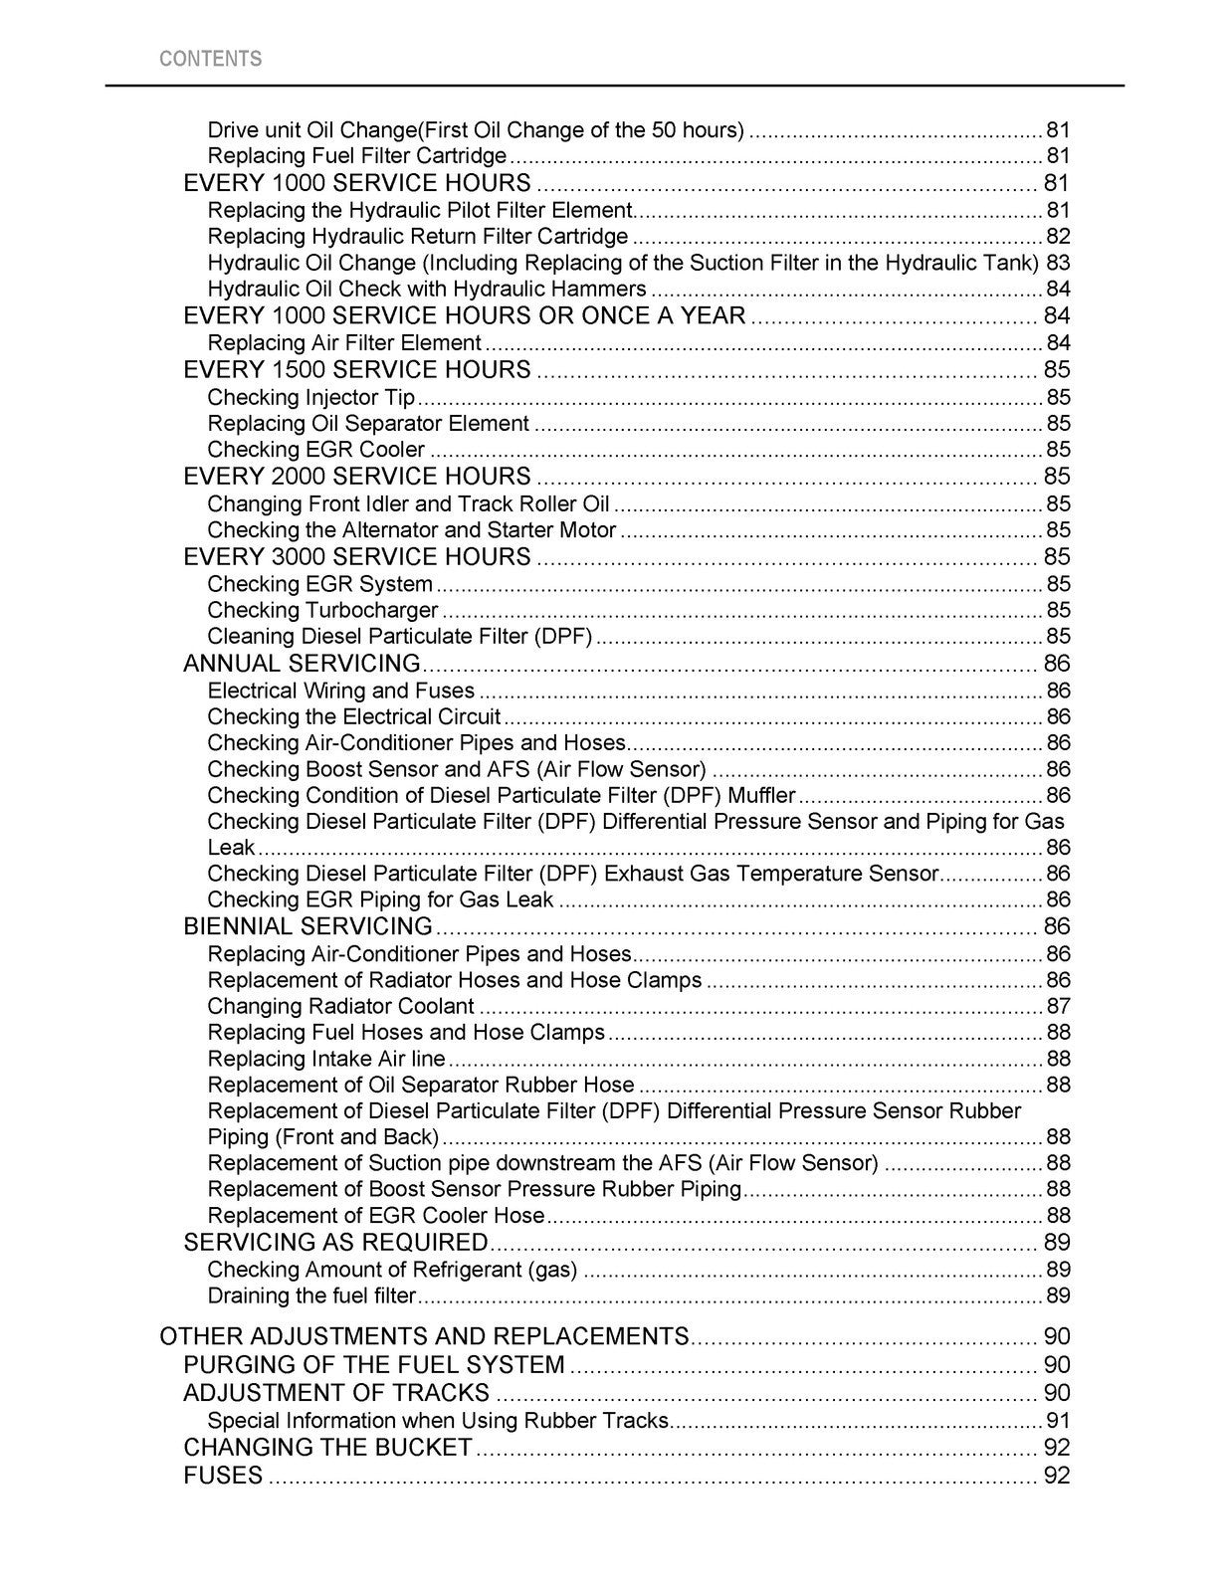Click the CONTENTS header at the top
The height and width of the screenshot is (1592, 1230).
(210, 59)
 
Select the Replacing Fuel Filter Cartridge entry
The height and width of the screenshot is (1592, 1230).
(356, 156)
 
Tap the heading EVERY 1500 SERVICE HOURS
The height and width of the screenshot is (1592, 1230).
(357, 370)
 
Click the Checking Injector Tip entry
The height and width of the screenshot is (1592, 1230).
(310, 397)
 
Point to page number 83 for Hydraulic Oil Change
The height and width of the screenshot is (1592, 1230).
(1058, 263)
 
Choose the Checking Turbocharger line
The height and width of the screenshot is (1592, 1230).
(322, 610)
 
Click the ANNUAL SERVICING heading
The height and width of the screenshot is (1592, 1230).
(302, 664)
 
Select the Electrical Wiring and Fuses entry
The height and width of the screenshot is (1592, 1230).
(340, 691)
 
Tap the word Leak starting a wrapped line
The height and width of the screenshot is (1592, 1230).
(231, 848)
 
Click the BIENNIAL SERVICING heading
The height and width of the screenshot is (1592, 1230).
(307, 926)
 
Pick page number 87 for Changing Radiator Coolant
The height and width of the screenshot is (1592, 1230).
(1058, 1006)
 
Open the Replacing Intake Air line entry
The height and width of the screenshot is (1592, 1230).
(326, 1059)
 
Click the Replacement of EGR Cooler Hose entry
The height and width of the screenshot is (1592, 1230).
(375, 1215)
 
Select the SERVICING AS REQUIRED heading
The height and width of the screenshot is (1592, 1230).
(335, 1243)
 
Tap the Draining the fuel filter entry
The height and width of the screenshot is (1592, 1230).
(311, 1295)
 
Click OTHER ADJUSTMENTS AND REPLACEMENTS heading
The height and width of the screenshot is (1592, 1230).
(424, 1336)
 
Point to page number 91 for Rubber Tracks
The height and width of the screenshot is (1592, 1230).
(1058, 1421)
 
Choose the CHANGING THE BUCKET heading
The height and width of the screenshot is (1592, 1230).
(327, 1448)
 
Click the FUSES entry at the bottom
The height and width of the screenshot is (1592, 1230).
(223, 1476)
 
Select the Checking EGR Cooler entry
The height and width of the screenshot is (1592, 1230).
(315, 450)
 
